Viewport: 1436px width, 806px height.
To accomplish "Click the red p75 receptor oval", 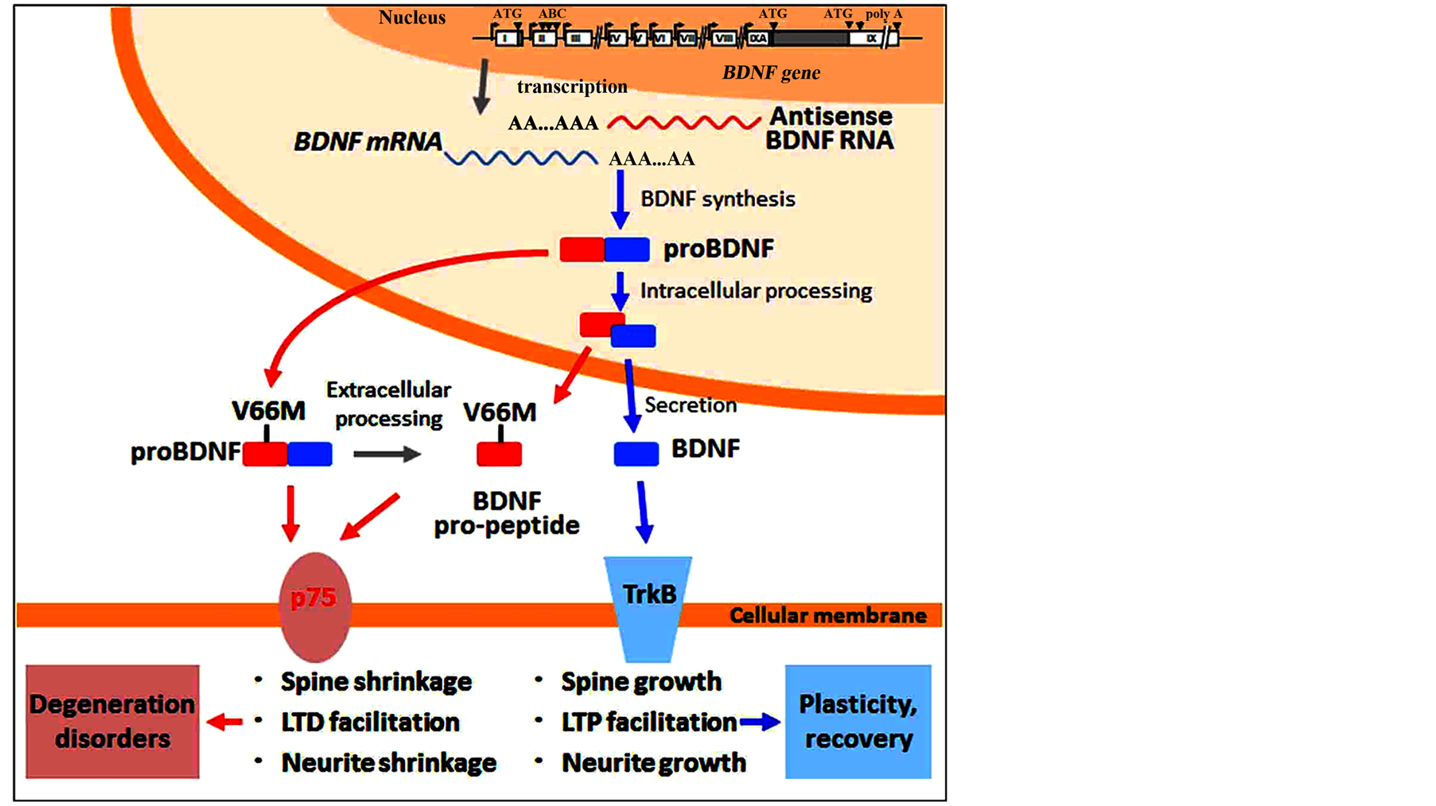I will point(315,607).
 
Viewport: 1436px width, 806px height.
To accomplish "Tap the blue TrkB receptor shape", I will point(648,607).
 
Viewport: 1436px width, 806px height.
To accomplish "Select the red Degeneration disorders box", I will point(112,721).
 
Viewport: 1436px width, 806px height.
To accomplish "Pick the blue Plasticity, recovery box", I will point(858,721).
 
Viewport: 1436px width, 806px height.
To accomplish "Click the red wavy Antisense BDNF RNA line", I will point(683,122).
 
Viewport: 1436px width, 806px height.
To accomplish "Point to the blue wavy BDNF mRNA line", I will point(520,157).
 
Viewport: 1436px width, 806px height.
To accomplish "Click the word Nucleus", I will point(411,17).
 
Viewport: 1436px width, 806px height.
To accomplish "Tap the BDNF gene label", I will point(771,72).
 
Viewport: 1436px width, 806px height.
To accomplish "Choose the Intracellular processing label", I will point(756,291).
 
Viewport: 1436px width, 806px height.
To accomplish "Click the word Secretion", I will point(690,405).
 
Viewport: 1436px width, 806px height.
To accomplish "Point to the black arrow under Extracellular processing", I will point(387,454).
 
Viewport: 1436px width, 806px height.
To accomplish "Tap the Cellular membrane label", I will point(827,615).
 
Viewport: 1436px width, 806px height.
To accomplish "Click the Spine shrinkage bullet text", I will point(376,681).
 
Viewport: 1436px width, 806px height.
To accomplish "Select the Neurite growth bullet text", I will point(653,763).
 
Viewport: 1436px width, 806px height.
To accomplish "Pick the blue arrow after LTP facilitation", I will point(760,723).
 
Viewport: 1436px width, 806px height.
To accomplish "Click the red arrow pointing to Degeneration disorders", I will point(224,722).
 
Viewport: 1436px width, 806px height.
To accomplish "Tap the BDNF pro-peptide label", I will point(507,513).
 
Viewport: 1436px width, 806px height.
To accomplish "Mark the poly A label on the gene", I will point(884,14).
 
